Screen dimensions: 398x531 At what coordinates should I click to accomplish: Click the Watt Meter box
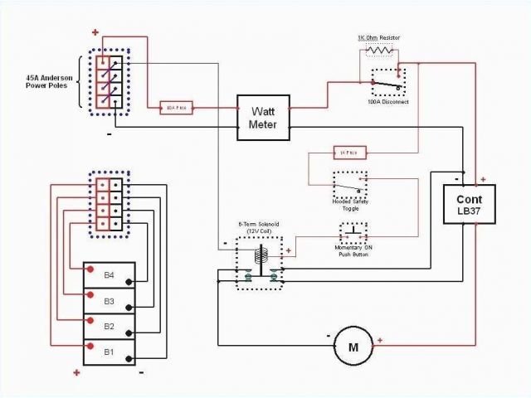(x=264, y=116)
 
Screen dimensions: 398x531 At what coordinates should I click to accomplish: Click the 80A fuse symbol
(x=176, y=108)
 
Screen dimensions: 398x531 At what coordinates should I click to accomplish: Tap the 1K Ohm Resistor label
(x=381, y=38)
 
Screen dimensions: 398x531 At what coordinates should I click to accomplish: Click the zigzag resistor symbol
(x=381, y=51)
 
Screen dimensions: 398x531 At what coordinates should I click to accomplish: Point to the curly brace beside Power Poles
(x=81, y=83)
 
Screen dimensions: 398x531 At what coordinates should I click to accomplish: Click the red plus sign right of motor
(x=380, y=340)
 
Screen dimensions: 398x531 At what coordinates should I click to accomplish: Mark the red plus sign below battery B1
(x=76, y=372)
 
